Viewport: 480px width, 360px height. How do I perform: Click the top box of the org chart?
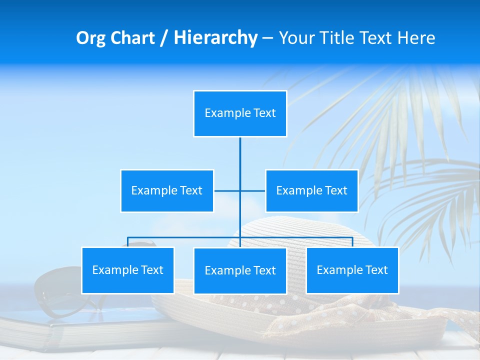(x=240, y=113)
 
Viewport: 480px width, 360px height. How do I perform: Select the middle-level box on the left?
(x=167, y=190)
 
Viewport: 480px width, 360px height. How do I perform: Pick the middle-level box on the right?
(x=311, y=190)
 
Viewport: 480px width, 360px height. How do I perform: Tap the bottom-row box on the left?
(x=128, y=270)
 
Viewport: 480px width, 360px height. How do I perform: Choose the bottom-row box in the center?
(x=240, y=270)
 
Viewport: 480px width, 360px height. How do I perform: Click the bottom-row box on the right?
(x=352, y=270)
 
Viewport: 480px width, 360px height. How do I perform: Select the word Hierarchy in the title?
(x=215, y=38)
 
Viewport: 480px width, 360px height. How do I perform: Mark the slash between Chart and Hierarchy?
(x=164, y=38)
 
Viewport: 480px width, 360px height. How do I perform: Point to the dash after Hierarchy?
(x=267, y=38)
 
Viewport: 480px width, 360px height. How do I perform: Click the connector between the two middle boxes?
(x=240, y=190)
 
